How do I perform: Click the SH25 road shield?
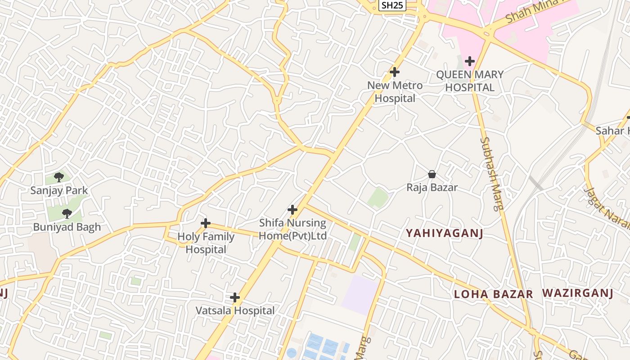(392, 5)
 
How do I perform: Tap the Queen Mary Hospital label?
(470, 81)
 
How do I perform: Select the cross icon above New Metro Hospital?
(395, 72)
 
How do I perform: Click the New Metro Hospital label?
(395, 92)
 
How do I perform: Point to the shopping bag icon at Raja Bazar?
(432, 174)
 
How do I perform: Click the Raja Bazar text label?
(432, 188)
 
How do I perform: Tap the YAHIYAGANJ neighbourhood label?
(445, 233)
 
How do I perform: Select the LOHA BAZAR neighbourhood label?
(493, 294)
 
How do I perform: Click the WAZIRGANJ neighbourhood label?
(578, 293)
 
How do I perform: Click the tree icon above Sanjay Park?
(58, 177)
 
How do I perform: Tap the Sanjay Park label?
(59, 190)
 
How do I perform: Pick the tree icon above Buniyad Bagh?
(67, 214)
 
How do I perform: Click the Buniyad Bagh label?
(67, 227)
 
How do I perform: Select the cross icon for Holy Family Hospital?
(206, 223)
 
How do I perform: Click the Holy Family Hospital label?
(206, 243)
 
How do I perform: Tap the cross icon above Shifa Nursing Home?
(292, 210)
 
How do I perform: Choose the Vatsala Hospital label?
(235, 311)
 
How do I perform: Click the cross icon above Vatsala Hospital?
(235, 297)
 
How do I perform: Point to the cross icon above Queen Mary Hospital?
(470, 61)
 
